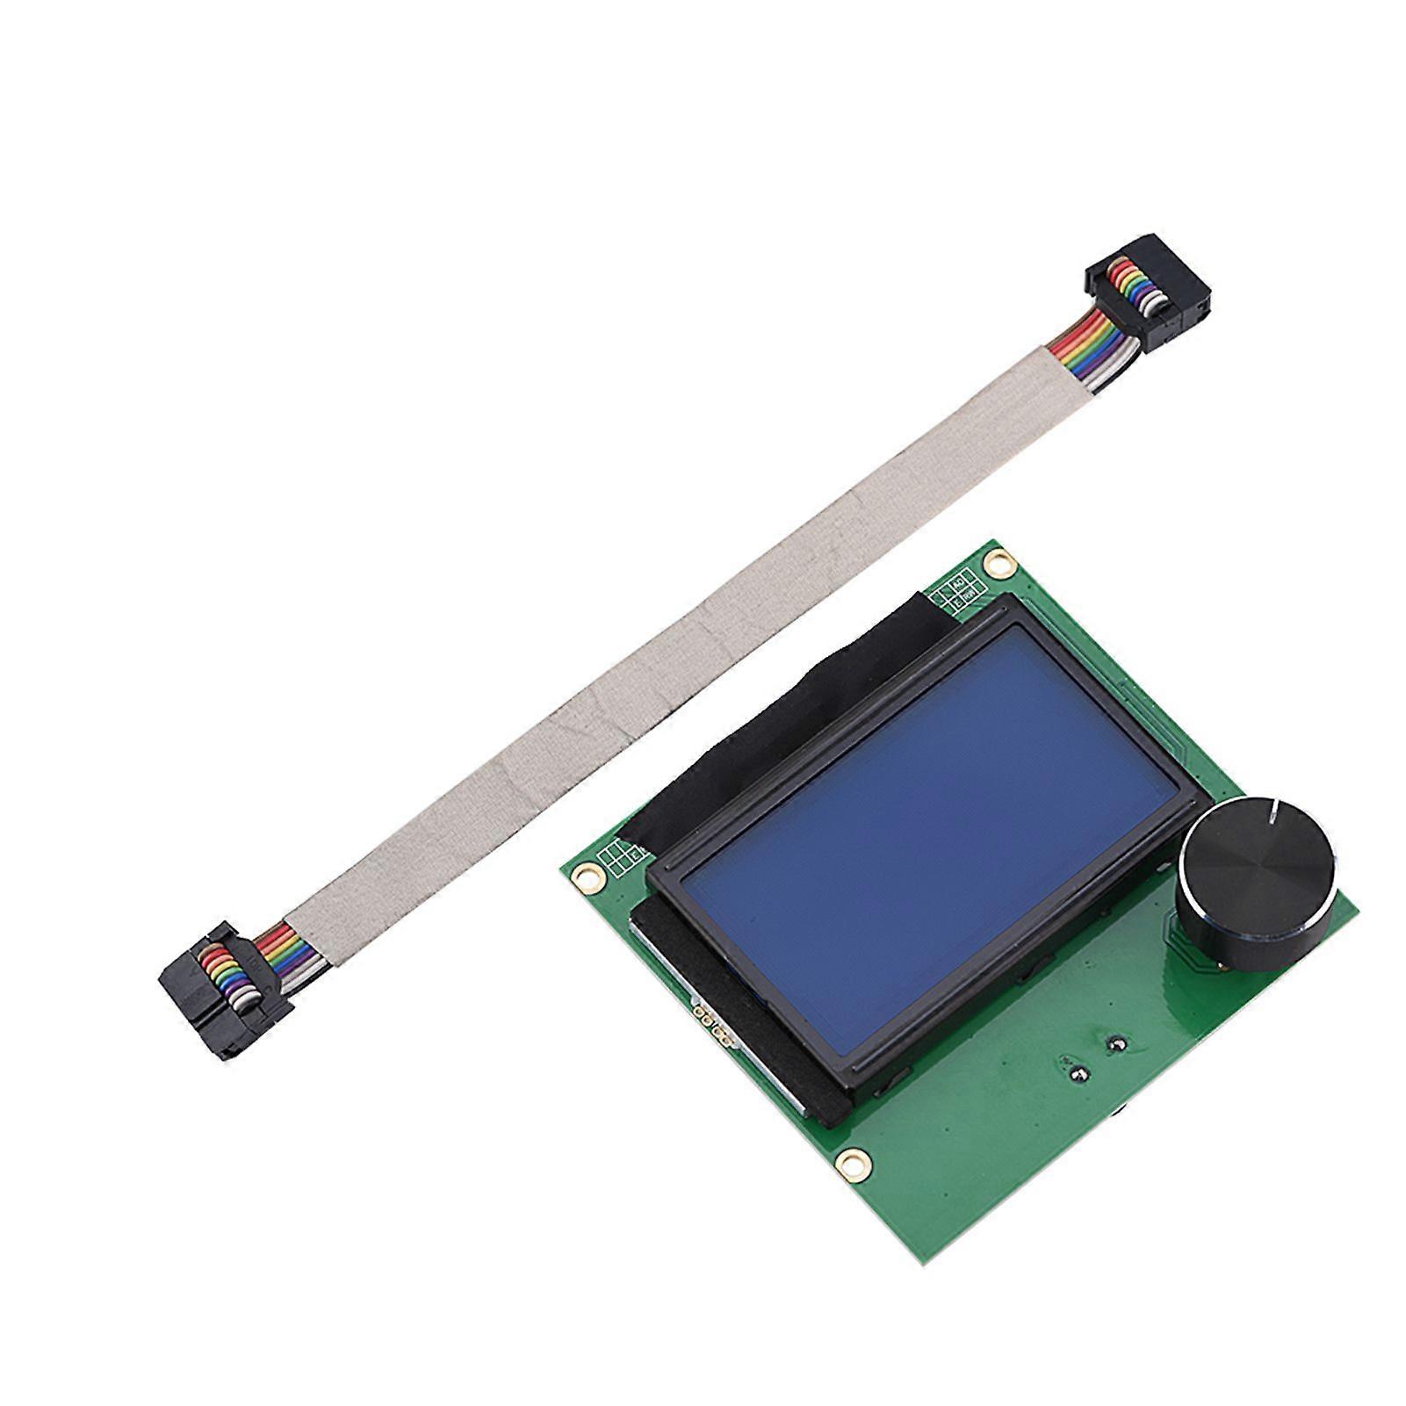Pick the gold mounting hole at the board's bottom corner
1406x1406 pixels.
click(847, 1162)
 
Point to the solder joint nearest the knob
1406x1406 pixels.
click(1117, 1043)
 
